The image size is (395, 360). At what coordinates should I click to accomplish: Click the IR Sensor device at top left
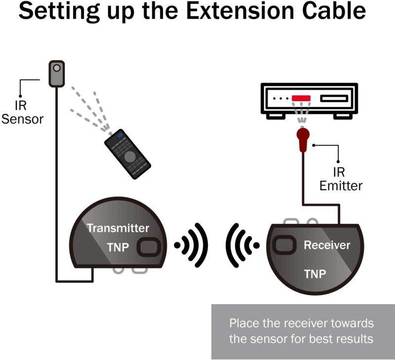pos(56,73)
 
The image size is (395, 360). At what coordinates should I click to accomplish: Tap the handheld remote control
pos(128,155)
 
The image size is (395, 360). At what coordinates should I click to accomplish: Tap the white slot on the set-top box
pos(334,98)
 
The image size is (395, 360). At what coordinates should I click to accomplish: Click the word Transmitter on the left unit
pos(118,228)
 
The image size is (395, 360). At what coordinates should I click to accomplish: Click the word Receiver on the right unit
pos(326,245)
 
